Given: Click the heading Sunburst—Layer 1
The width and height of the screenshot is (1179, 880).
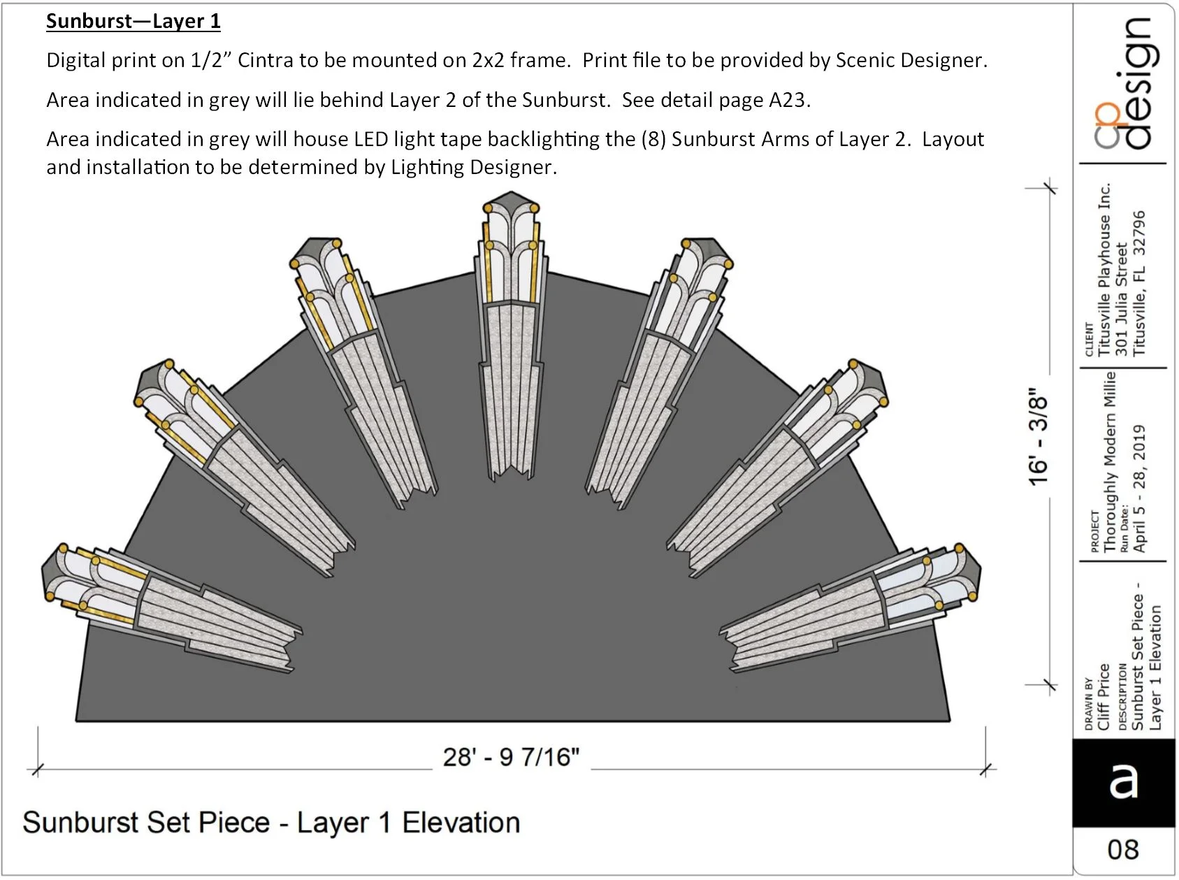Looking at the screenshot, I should point(133,21).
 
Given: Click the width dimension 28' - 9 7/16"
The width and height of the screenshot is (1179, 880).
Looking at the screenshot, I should point(511,757).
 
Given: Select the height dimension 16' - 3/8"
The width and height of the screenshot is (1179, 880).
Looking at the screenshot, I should point(1038,438).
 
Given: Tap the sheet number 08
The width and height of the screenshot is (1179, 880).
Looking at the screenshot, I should point(1123,850).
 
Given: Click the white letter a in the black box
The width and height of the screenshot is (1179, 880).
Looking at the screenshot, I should point(1123,781).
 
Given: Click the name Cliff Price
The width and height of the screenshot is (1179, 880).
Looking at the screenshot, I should point(1104,697).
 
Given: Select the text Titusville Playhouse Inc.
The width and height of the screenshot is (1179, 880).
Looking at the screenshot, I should point(1104,270).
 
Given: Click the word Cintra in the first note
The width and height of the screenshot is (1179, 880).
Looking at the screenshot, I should point(265,60).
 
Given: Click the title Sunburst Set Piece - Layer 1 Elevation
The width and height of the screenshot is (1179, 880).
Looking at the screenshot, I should point(271,823).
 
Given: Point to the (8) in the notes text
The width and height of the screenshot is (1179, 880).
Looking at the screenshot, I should point(654,139).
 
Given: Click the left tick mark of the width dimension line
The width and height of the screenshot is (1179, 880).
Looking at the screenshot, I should point(38,770).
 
